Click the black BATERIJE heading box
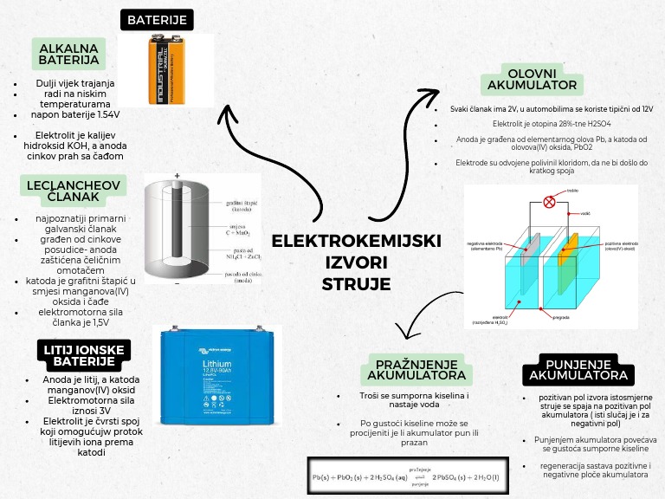pyautogui.click(x=157, y=19)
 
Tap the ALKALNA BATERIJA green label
pyautogui.click(x=68, y=54)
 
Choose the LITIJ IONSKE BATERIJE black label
pyautogui.click(x=74, y=355)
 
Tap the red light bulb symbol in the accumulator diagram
pyautogui.click(x=549, y=203)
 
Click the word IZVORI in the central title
pyautogui.click(x=356, y=262)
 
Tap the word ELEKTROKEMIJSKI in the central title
pyautogui.click(x=356, y=240)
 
